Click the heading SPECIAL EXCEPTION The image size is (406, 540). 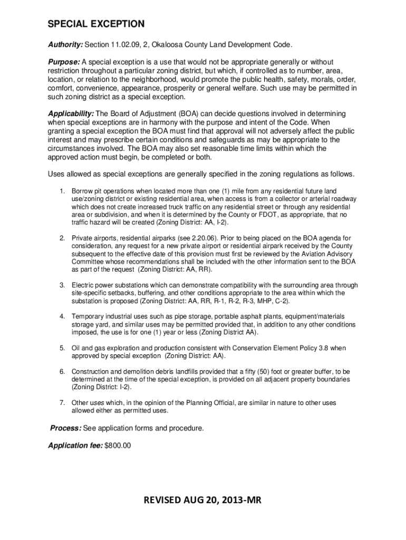coord(95,24)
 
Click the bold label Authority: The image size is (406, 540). coord(65,45)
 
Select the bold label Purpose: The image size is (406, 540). coord(64,62)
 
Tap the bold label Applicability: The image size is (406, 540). coord(71,114)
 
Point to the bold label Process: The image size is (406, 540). coord(65,428)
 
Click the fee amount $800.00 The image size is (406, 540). coord(118,446)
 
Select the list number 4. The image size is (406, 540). coord(62,316)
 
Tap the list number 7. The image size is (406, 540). coord(62,403)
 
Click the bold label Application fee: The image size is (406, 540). coord(75,446)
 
